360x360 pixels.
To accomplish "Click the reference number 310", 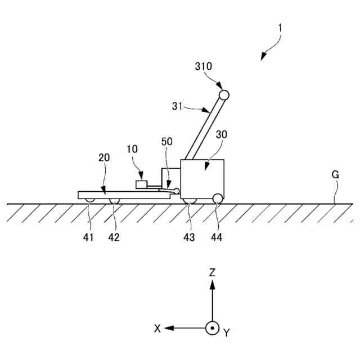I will point(204,66).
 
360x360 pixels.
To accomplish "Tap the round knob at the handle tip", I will point(223,94).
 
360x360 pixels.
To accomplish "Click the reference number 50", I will point(167,142).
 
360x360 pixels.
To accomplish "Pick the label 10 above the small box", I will point(132,149).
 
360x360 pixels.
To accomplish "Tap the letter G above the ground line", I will point(335,174).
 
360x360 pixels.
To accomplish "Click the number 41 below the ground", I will point(88,237).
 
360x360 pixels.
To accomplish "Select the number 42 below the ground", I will point(114,237).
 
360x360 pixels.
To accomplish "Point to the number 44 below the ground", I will point(217,237).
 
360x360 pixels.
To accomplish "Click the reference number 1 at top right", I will point(280,27).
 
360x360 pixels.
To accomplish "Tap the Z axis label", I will point(212,273).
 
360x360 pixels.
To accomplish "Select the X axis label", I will point(158,328).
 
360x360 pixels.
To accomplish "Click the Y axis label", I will point(226,333).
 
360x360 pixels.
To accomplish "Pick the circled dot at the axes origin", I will point(212,328).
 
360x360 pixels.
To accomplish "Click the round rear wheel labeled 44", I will point(217,197).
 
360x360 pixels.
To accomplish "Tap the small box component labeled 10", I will point(141,184).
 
